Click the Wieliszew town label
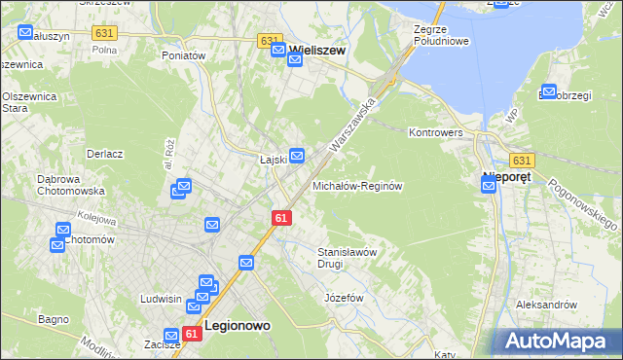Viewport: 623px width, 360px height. [x=318, y=48]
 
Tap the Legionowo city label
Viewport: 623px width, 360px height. [x=237, y=328]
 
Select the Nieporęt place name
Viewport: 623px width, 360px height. [x=513, y=177]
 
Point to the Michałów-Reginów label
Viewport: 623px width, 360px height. [x=357, y=185]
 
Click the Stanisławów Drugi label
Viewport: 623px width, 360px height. [x=348, y=257]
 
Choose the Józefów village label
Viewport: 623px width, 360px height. [x=344, y=297]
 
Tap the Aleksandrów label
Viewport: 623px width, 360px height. [x=547, y=305]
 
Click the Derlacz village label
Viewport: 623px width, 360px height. [x=104, y=154]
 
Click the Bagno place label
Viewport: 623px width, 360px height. [x=53, y=318]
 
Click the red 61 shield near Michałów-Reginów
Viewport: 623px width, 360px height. [x=281, y=220]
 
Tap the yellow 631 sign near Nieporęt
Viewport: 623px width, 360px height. [x=521, y=160]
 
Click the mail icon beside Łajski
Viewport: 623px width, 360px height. [x=297, y=155]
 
